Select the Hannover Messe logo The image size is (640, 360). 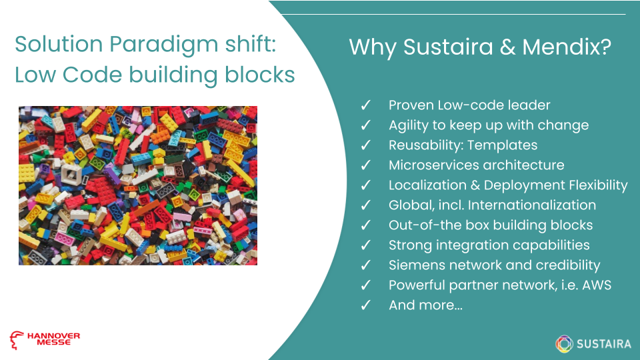point(45,339)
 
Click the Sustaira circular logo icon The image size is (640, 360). point(565,343)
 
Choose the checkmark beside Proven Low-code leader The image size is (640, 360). point(365,105)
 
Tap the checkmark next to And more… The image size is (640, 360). point(365,305)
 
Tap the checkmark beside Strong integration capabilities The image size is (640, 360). point(365,245)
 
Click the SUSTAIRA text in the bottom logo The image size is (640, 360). point(603,344)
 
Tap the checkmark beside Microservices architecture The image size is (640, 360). point(365,165)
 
